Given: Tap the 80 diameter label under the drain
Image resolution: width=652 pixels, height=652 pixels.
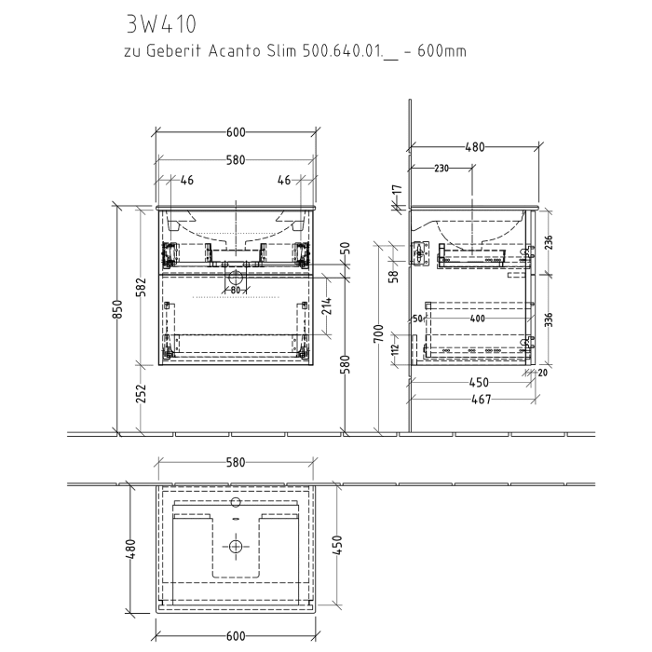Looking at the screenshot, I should pyautogui.click(x=236, y=290).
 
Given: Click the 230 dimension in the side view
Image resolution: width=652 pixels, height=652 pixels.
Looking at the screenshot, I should pyautogui.click(x=441, y=169).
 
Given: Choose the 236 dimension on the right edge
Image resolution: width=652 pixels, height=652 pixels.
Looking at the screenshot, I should pyautogui.click(x=549, y=241).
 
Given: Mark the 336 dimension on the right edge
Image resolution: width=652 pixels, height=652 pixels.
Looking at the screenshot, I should pyautogui.click(x=549, y=319).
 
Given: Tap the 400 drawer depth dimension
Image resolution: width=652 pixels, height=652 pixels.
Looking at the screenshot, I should pyautogui.click(x=478, y=319).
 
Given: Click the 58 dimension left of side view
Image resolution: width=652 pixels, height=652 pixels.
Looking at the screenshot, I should pyautogui.click(x=395, y=275).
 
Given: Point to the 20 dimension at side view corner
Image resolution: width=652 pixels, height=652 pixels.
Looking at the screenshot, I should pyautogui.click(x=543, y=372).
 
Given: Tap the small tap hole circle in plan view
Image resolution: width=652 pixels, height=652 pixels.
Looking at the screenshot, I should pyautogui.click(x=236, y=500).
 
